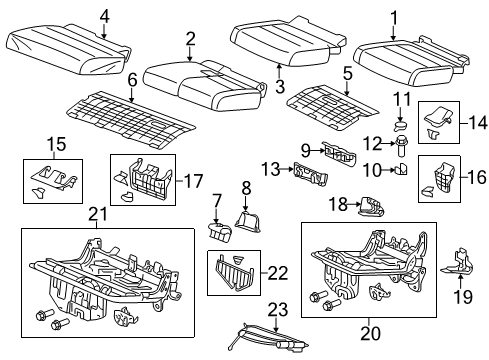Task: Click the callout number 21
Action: (96, 213)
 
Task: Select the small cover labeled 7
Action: (218, 232)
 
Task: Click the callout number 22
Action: (278, 270)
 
